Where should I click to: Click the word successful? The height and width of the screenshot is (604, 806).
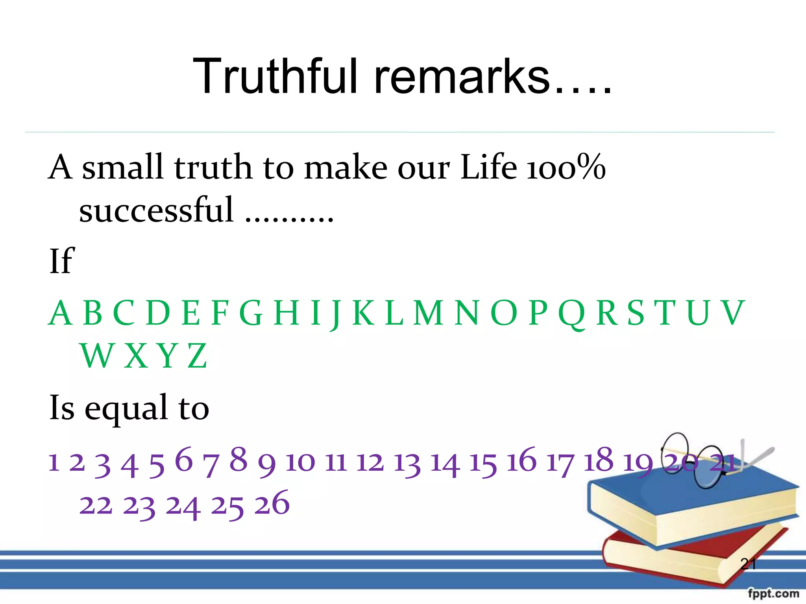tap(157, 210)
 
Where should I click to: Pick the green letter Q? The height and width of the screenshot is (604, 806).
tap(572, 313)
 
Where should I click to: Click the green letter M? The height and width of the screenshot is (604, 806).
tap(429, 313)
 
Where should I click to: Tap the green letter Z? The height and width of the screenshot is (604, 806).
tap(197, 356)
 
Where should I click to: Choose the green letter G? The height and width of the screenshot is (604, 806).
tap(251, 313)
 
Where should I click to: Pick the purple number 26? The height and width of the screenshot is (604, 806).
tap(272, 503)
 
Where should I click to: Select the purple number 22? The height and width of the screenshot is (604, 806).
tap(96, 505)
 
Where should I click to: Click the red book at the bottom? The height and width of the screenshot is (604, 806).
tap(669, 558)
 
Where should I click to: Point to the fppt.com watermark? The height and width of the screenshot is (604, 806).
tap(773, 593)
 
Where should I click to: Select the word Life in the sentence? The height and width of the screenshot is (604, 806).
tap(488, 167)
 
